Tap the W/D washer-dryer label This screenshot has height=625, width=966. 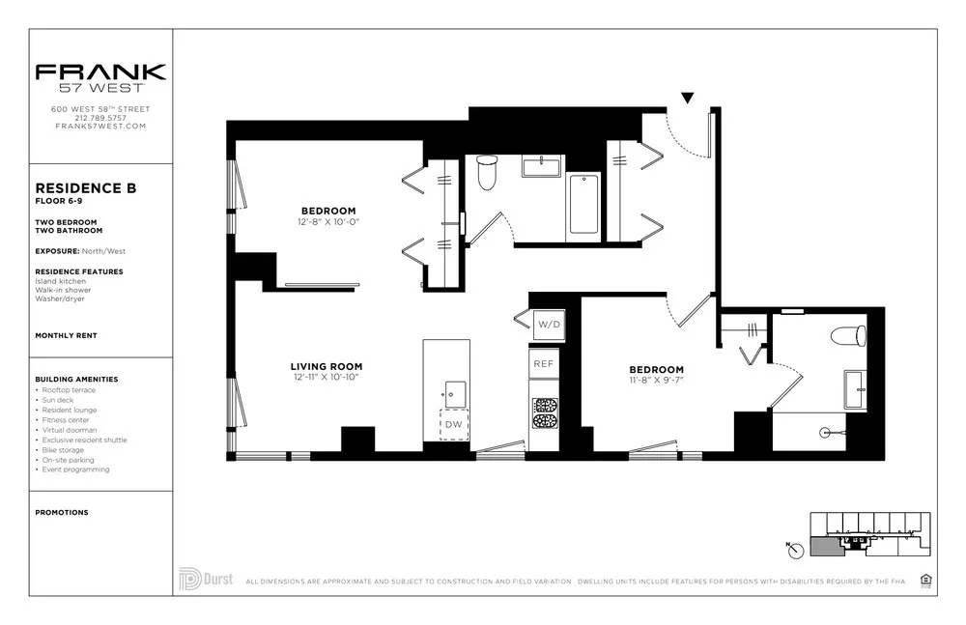click(548, 325)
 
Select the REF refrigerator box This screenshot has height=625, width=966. click(544, 363)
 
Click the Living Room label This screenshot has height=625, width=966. click(327, 366)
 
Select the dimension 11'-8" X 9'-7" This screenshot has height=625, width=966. click(656, 382)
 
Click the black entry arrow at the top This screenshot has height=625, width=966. click(687, 98)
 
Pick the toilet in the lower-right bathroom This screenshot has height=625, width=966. click(849, 337)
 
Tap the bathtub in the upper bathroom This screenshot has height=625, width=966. click(583, 204)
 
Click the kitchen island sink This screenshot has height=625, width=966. click(454, 393)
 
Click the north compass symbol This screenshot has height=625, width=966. click(792, 549)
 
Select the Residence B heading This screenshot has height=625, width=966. click(85, 188)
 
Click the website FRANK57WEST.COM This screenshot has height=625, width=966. click(100, 127)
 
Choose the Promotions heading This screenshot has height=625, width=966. click(61, 512)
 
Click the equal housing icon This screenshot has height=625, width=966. click(925, 580)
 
